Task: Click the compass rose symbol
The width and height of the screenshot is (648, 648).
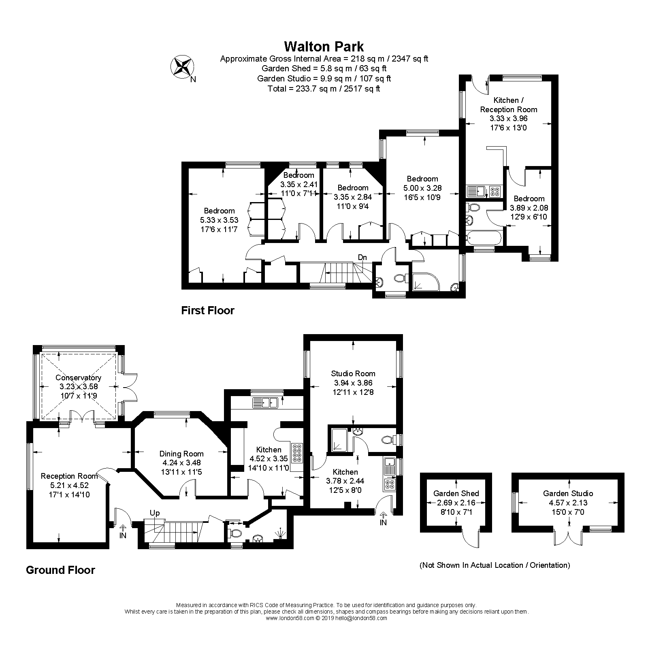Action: point(181,66)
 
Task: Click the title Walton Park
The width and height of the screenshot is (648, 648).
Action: point(324,47)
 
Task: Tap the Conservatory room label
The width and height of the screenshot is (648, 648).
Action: point(78,377)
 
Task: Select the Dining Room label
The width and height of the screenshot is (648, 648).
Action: point(181,454)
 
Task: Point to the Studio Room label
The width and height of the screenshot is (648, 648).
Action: point(353,373)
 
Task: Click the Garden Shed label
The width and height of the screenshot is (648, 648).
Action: point(456,493)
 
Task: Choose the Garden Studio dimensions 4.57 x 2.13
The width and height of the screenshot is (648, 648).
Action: point(568,503)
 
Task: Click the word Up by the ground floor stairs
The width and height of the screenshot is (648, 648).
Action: point(155,513)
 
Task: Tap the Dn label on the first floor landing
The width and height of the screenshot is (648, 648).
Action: point(362,257)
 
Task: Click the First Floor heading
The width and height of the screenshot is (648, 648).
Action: point(207,311)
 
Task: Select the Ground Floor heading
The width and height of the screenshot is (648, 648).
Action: point(60,570)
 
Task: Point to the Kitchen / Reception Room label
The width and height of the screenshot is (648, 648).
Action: point(508,104)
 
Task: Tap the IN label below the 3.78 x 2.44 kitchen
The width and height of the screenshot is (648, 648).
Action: point(383,522)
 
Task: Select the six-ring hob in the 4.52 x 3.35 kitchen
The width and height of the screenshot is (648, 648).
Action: point(296,453)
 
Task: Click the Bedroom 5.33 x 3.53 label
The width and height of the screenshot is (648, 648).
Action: point(219,211)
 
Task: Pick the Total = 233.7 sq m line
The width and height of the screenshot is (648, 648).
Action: point(324,89)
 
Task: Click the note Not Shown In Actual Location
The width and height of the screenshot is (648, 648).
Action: point(495,565)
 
